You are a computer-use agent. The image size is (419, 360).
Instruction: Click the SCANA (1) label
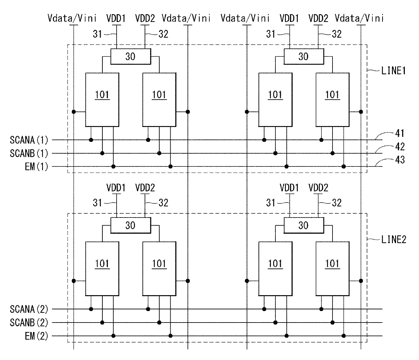tap(29, 140)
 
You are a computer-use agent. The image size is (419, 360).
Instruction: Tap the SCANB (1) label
tap(29, 153)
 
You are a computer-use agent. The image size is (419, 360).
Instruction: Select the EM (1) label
tap(36, 167)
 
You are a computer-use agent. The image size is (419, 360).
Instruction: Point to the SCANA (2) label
tap(29, 309)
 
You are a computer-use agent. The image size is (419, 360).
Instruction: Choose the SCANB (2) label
tap(29, 323)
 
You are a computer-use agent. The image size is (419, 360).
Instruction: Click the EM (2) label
tap(36, 336)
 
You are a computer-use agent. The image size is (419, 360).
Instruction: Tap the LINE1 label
tap(393, 71)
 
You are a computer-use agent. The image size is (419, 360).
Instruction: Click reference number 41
tap(400, 133)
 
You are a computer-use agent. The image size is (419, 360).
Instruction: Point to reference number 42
tap(400, 147)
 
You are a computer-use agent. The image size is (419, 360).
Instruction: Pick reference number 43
tap(400, 160)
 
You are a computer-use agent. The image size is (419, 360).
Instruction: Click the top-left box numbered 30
tap(130, 56)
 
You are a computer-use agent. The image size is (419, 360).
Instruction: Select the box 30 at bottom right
tap(304, 225)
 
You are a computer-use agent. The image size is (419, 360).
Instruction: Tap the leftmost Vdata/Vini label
tap(72, 18)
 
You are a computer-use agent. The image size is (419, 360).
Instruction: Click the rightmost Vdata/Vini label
tap(359, 18)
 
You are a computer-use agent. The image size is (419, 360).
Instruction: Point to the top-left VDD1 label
tap(116, 19)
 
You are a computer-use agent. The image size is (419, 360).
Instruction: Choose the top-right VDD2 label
tap(318, 19)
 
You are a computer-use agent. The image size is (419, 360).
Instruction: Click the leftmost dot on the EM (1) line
tap(113, 166)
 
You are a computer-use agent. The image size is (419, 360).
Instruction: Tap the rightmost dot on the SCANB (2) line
tap(332, 323)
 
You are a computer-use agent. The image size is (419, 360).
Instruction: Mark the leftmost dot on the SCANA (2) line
tap(91, 309)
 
